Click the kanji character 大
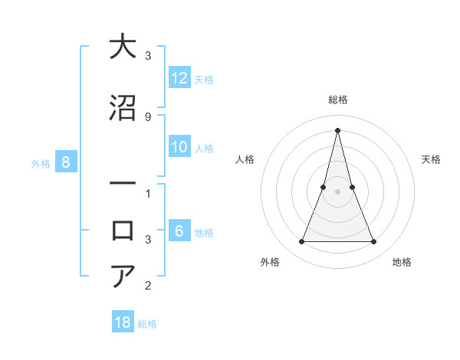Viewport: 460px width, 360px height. [123, 47]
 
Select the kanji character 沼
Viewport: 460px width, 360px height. [123, 108]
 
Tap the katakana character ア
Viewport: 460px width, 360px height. [123, 276]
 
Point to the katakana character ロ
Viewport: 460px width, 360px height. [123, 231]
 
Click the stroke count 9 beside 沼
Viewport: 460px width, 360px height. [147, 116]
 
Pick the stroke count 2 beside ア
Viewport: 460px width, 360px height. [147, 286]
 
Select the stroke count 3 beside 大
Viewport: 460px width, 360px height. [147, 56]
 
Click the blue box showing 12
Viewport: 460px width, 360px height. [179, 78]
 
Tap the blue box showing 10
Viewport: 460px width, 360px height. [179, 148]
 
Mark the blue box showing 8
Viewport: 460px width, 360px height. [66, 162]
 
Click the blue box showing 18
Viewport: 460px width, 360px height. [123, 322]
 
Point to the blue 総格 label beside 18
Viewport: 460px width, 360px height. [147, 324]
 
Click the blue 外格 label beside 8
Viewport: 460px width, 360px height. [41, 163]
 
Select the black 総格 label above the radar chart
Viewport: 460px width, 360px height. [337, 100]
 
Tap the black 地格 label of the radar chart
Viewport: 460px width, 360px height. [402, 262]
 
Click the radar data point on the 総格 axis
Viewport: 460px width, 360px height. [337, 129]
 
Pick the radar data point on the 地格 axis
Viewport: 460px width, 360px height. [374, 242]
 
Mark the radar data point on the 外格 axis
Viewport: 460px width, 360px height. [301, 242]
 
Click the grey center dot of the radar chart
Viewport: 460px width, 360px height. [337, 191]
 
